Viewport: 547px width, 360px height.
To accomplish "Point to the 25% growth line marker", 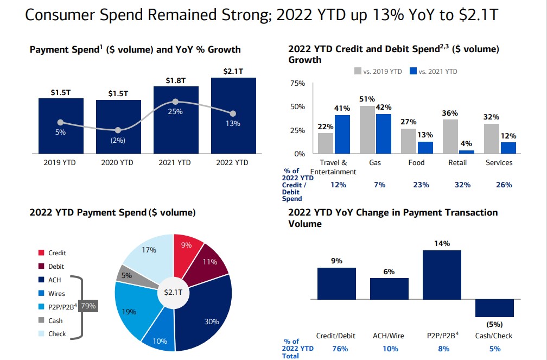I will (175, 102).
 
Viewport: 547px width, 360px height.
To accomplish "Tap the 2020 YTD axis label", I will (118, 162).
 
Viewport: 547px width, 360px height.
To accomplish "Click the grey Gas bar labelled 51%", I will (367, 130).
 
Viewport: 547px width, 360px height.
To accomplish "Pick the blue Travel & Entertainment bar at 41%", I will (342, 134).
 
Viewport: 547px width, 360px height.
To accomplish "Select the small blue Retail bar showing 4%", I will (467, 152).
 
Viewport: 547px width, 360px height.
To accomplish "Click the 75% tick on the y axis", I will (298, 84).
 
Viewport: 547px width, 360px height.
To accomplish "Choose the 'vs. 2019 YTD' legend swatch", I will (358, 71).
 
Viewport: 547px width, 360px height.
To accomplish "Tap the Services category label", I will (499, 162).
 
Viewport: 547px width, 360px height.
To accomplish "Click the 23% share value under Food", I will (421, 185).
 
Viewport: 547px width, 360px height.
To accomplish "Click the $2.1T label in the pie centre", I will (173, 292).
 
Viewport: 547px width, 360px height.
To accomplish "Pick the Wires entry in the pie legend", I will (57, 293).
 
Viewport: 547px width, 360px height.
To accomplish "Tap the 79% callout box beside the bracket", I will (88, 306).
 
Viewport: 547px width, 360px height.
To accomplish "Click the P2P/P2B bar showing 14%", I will (442, 274).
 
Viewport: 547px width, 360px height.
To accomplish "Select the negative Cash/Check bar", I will (494, 308).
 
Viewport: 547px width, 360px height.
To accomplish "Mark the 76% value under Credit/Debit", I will (340, 349).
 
